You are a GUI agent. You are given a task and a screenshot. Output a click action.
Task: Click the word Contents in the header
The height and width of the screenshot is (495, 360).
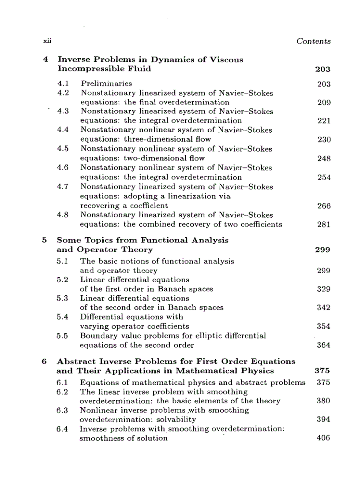[313, 41]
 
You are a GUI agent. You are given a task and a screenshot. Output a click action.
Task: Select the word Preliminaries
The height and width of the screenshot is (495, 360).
[105, 83]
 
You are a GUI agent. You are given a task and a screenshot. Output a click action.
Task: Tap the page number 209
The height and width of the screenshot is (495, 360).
[324, 103]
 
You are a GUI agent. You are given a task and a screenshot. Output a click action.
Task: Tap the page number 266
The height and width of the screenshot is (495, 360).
[324, 206]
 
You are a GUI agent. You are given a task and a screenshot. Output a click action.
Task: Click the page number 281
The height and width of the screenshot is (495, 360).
[324, 224]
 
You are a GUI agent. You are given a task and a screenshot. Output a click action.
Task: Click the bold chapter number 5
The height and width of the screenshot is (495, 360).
[44, 240]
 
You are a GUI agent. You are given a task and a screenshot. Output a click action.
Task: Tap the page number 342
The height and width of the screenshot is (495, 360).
[324, 308]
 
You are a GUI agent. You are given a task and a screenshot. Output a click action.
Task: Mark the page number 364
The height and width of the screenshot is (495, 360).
[324, 345]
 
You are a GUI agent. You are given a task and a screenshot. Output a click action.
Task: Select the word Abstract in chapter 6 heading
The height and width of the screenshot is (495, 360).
[75, 361]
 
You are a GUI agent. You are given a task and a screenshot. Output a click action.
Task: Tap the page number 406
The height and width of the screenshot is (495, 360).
[323, 439]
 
